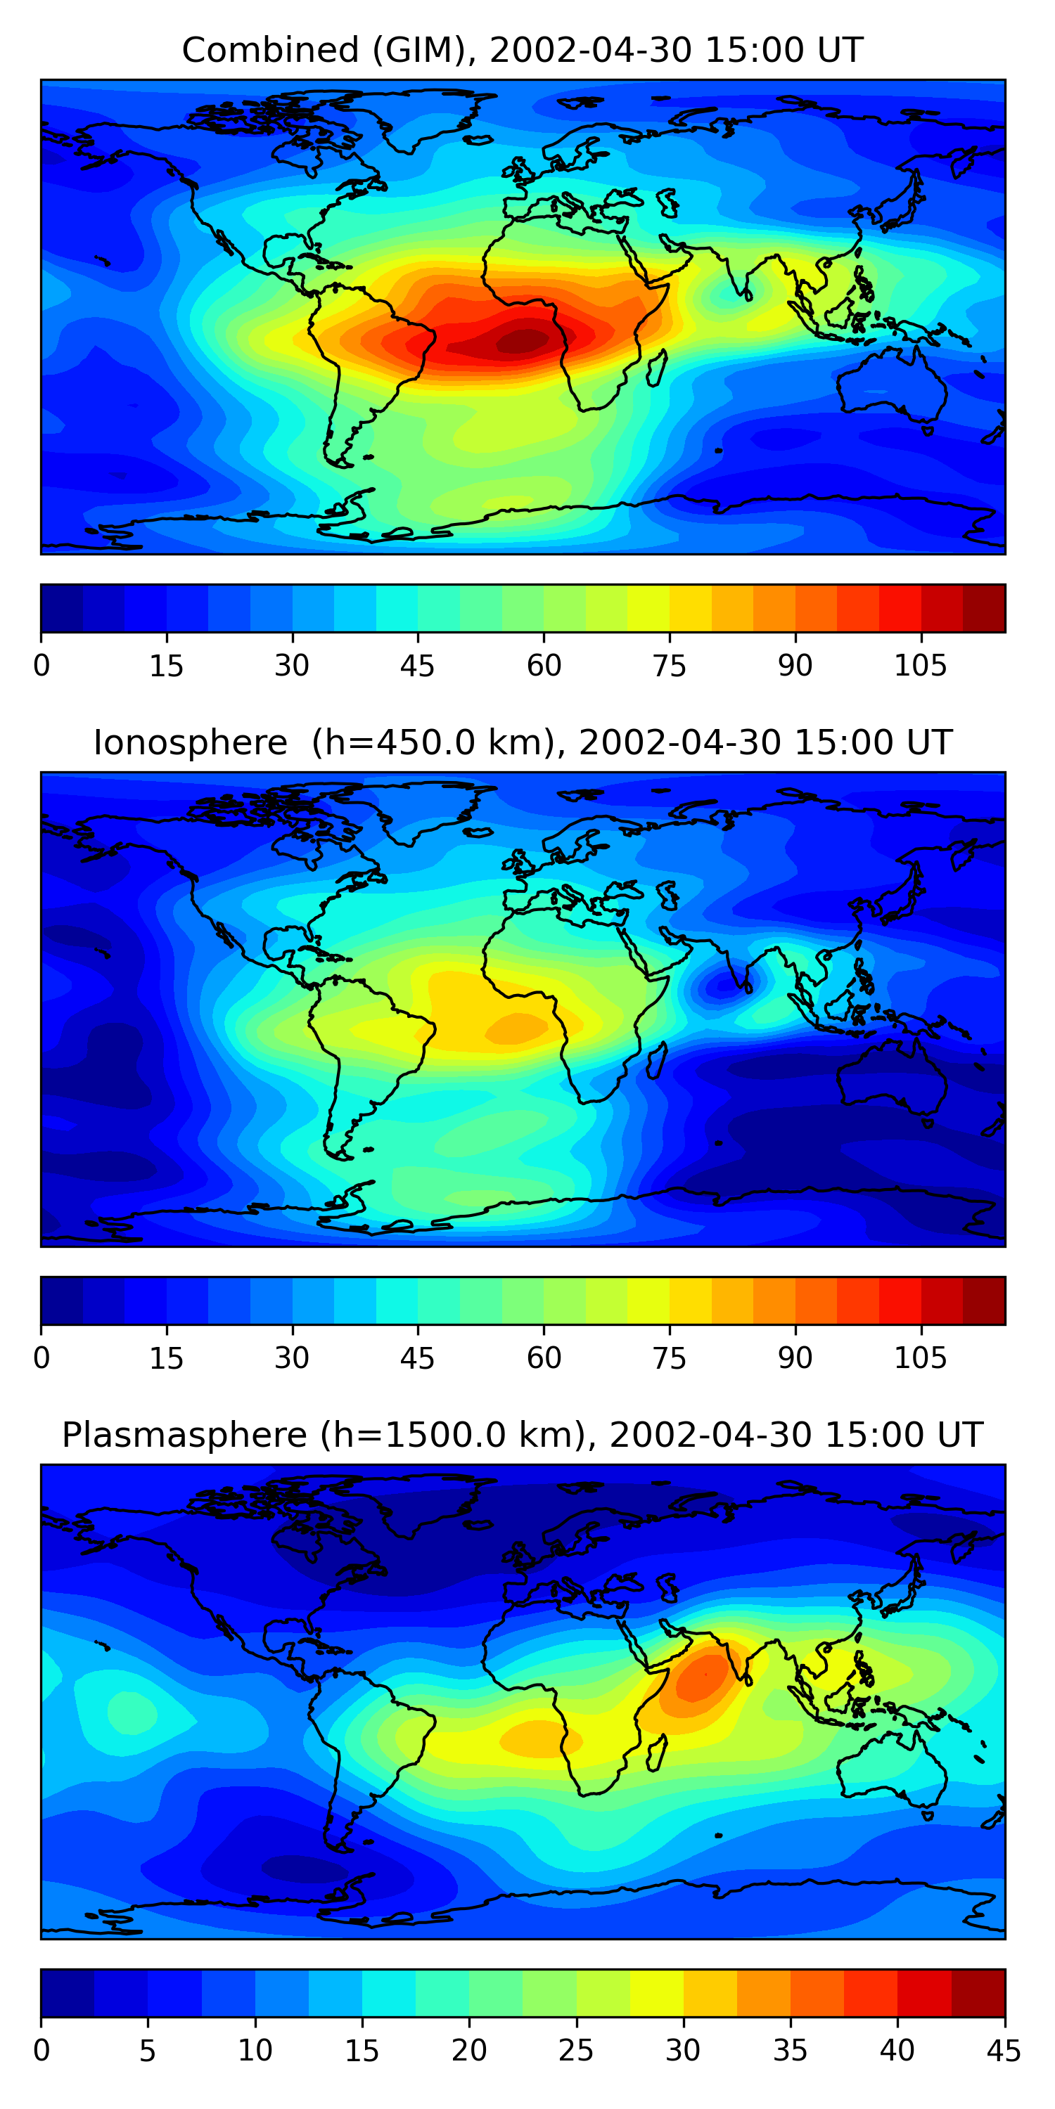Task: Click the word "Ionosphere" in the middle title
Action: tap(190, 743)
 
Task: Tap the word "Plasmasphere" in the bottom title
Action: tap(184, 1436)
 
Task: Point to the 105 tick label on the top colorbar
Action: tap(920, 666)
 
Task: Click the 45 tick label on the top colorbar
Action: tap(417, 666)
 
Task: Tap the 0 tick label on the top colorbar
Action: tap(41, 666)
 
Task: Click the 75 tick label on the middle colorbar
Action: tap(669, 1358)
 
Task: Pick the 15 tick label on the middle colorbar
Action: tap(166, 1358)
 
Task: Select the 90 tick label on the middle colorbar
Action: tap(795, 1358)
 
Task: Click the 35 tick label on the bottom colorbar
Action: tap(790, 2051)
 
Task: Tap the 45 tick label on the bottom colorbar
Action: tap(1004, 2051)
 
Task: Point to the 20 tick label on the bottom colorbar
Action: tap(468, 2051)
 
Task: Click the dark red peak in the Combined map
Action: tap(521, 340)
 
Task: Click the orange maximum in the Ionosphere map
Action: tap(517, 1028)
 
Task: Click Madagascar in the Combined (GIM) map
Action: tap(656, 369)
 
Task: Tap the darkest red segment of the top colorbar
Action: tap(984, 608)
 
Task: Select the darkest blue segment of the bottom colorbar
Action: tap(67, 1993)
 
